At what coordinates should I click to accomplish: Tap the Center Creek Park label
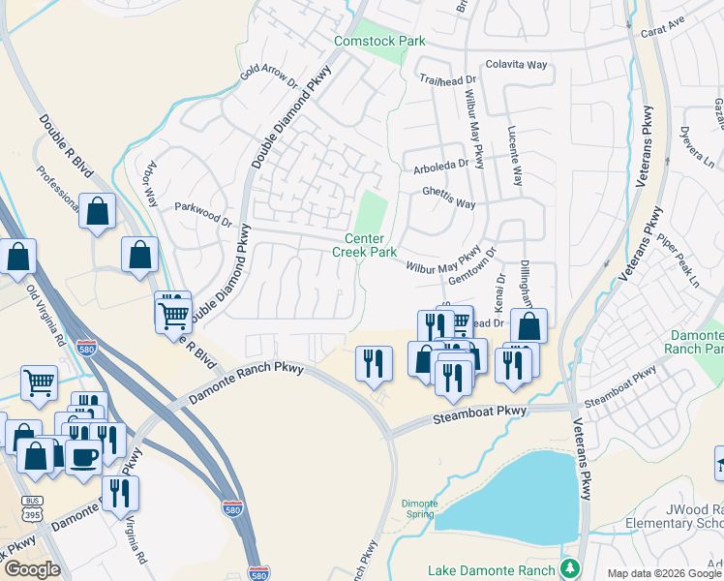click(x=365, y=246)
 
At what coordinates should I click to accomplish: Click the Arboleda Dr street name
click(x=442, y=164)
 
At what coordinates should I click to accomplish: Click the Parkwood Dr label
click(x=203, y=207)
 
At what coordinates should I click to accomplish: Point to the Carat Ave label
click(x=663, y=26)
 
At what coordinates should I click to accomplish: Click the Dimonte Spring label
click(x=420, y=509)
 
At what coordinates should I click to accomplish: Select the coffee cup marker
click(x=83, y=456)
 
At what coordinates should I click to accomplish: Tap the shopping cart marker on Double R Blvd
click(x=173, y=313)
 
